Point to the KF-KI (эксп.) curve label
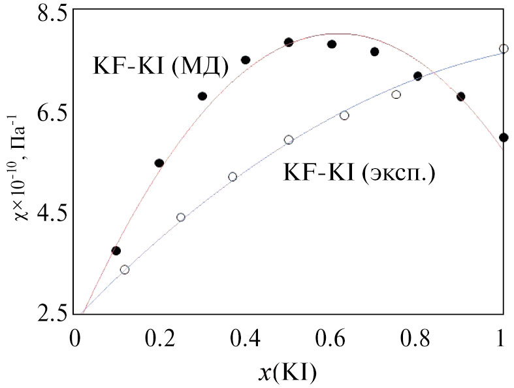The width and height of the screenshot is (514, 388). (359, 173)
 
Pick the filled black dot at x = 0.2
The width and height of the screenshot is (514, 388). (159, 163)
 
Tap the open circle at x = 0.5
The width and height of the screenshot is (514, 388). (289, 140)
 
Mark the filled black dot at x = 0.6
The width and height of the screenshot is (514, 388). (332, 44)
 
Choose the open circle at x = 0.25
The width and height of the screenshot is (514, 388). (181, 217)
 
